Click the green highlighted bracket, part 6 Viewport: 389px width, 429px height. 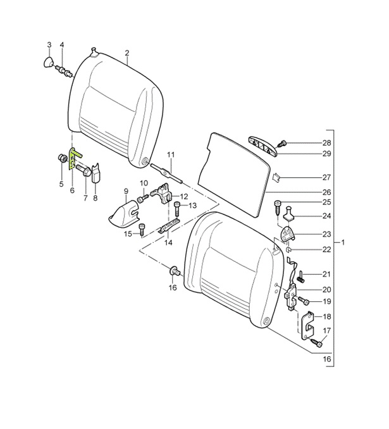tap(73, 159)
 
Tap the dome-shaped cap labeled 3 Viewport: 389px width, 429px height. tap(49, 63)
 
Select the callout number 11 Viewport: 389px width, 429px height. tap(171, 155)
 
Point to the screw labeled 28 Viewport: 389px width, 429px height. tap(281, 143)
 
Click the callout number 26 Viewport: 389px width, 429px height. tap(326, 192)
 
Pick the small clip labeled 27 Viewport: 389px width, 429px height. tap(276, 178)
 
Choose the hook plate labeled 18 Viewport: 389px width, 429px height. tap(308, 325)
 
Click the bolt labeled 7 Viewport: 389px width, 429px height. tap(83, 170)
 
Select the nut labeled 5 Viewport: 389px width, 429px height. tap(63, 158)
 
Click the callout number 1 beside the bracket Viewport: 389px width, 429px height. tap(343, 242)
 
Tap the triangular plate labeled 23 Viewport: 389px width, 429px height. tap(288, 234)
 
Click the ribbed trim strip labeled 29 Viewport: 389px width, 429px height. tap(264, 146)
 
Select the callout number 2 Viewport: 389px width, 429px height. tap(127, 53)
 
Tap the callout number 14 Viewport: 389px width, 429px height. tap(168, 242)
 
